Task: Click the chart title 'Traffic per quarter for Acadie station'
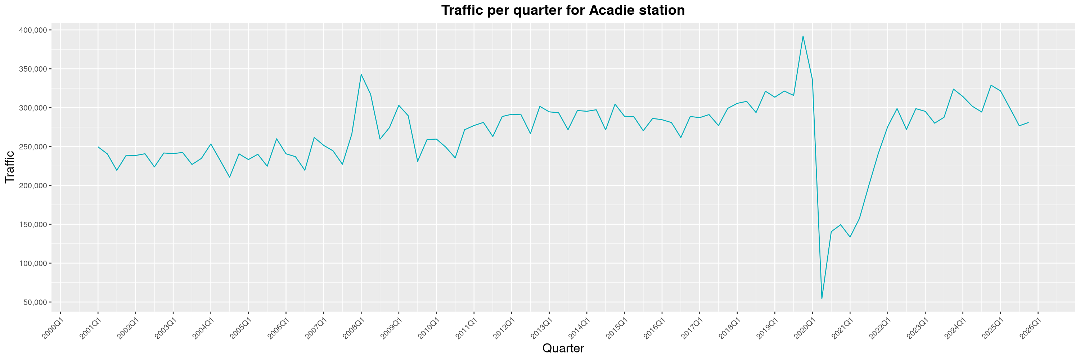(563, 10)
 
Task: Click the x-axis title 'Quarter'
(563, 348)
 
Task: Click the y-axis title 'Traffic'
(10, 167)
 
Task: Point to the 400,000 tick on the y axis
(33, 30)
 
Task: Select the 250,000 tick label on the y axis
(33, 147)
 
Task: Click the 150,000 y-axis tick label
(33, 225)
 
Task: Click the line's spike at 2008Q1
(361, 75)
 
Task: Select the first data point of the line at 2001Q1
(98, 147)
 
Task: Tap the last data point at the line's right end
(1029, 122)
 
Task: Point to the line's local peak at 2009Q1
(399, 105)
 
